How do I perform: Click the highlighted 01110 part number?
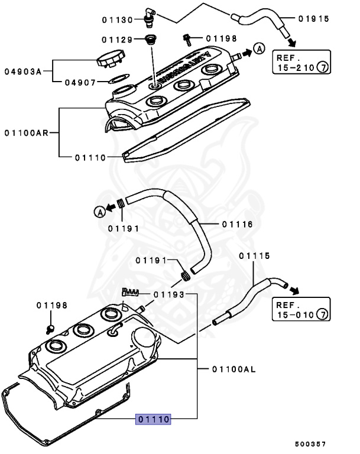click(x=154, y=419)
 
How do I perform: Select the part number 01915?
click(x=313, y=19)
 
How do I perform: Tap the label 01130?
click(x=117, y=20)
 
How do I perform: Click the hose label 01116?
click(x=237, y=224)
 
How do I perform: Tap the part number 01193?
click(x=168, y=294)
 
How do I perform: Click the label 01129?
click(x=117, y=40)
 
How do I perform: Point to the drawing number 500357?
click(x=310, y=443)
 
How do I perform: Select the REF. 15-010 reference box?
click(x=300, y=310)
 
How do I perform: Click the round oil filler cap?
click(x=109, y=60)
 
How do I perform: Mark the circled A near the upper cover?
click(x=258, y=48)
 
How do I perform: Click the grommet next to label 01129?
click(x=151, y=41)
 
